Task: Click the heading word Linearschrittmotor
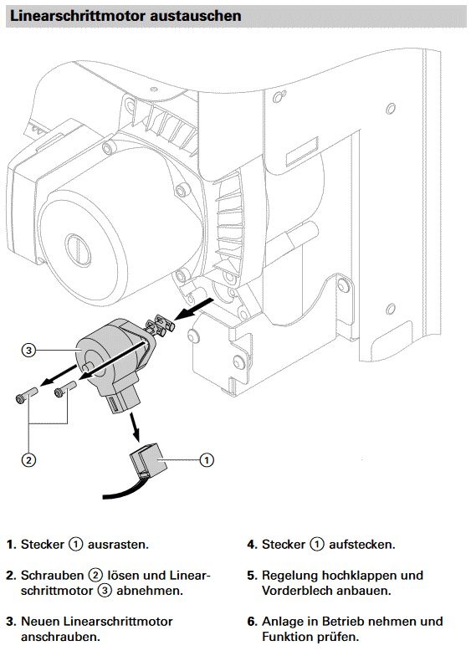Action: [78, 16]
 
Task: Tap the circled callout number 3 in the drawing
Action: [28, 350]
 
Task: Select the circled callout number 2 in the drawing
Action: [28, 460]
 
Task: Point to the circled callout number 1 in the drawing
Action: [207, 460]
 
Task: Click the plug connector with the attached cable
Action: [146, 462]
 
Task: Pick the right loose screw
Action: [64, 389]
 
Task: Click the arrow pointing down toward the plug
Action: [134, 427]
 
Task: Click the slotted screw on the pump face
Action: [77, 247]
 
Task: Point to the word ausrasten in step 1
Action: [118, 545]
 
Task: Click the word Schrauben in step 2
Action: [52, 576]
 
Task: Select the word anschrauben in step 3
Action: [60, 638]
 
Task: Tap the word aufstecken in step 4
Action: [361, 545]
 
